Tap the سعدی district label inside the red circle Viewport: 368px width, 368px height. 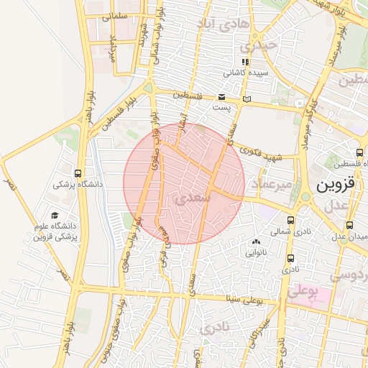pos(193,195)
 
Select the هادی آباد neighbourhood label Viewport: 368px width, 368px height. pos(223,25)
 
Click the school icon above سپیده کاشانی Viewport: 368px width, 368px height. pos(245,62)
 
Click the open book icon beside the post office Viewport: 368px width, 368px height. pos(247,98)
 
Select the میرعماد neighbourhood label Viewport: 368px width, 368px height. pos(272,186)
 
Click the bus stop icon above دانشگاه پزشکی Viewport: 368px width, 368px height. pos(78,173)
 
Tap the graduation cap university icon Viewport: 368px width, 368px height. pos(55,215)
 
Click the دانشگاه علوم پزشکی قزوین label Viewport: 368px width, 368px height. pos(53,230)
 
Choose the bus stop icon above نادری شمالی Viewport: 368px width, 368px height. pos(290,221)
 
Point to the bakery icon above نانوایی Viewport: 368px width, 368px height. pos(257,241)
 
